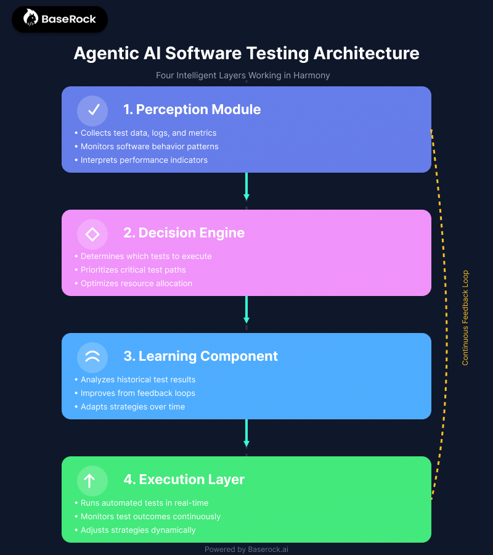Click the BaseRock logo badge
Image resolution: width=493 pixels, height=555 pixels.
click(x=60, y=19)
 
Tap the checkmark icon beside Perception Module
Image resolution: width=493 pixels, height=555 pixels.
click(x=92, y=110)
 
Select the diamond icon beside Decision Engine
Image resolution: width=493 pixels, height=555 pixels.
click(x=92, y=234)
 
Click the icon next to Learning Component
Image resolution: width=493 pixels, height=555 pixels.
click(x=92, y=357)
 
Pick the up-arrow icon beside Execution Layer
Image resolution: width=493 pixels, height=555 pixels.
click(x=92, y=480)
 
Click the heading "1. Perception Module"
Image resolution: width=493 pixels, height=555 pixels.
click(x=192, y=110)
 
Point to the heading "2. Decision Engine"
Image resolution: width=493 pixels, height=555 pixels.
click(x=184, y=233)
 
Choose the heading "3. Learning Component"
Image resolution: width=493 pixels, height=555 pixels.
click(x=200, y=356)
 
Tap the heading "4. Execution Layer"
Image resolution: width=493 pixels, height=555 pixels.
click(x=184, y=480)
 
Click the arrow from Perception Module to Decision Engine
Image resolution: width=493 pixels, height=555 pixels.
click(x=246, y=186)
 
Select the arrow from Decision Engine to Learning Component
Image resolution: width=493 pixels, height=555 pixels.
click(x=246, y=310)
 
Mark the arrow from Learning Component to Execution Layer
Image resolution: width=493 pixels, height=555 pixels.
click(x=246, y=433)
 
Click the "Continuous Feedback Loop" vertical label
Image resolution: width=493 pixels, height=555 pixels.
click(x=465, y=318)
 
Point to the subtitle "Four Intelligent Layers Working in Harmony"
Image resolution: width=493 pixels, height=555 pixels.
click(x=243, y=75)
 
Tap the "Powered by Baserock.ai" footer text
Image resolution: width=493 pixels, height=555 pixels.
click(x=246, y=549)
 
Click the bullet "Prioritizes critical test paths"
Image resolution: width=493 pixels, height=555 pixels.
click(x=133, y=270)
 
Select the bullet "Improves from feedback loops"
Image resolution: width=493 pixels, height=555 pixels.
click(x=138, y=393)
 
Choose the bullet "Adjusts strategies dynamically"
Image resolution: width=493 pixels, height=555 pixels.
click(x=138, y=530)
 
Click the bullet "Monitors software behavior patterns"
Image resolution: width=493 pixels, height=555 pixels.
click(x=149, y=147)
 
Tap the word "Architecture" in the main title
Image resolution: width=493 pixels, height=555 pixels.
click(x=366, y=53)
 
